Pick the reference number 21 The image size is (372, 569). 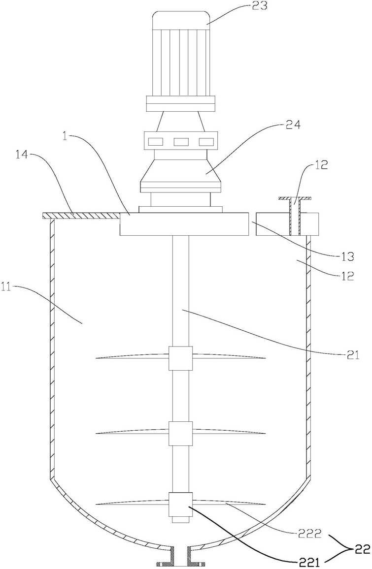(352, 354)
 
